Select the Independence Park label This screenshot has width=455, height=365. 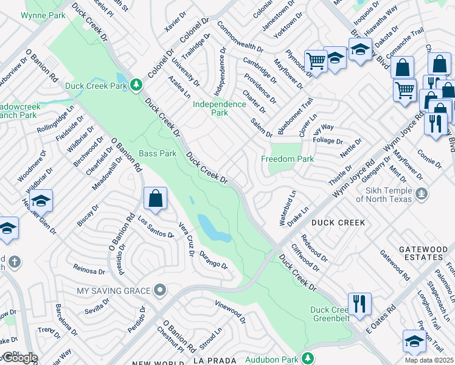click(x=219, y=108)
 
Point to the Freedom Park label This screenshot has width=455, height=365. click(x=287, y=159)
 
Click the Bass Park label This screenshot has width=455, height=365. click(x=158, y=153)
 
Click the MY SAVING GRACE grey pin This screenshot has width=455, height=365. click(x=160, y=290)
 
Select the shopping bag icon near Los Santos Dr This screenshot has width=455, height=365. click(x=155, y=198)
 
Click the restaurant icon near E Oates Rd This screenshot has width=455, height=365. click(x=359, y=304)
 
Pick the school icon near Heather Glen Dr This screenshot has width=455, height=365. click(x=41, y=201)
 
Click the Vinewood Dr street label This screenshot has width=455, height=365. click(x=230, y=311)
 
